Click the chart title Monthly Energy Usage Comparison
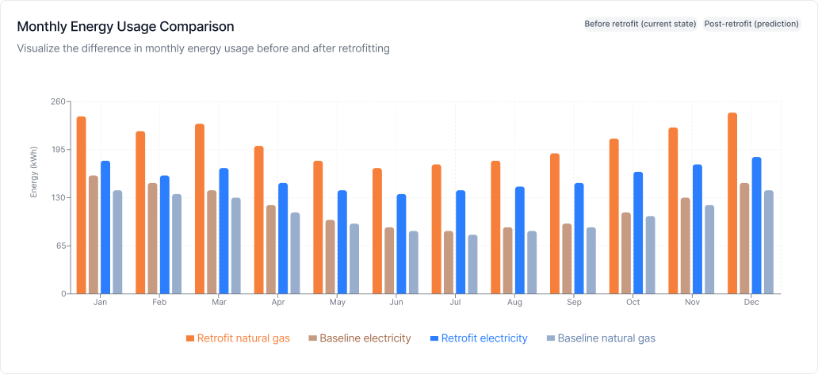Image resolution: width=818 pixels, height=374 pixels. click(125, 27)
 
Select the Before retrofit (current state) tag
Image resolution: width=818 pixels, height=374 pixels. click(640, 24)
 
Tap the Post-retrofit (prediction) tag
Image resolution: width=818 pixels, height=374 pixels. click(751, 24)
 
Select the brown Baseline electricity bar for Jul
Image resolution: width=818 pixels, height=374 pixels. click(449, 262)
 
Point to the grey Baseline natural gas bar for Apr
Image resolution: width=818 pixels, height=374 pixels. click(295, 253)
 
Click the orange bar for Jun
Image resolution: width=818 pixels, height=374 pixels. click(377, 231)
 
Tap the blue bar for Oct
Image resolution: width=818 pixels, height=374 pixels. click(638, 233)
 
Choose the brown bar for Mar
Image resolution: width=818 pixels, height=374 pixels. click(212, 242)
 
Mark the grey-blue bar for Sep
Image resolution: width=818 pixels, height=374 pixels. click(591, 261)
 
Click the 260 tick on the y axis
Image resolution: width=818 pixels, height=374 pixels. click(58, 102)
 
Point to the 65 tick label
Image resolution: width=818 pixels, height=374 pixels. click(60, 246)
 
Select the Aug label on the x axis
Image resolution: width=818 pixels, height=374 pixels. click(514, 303)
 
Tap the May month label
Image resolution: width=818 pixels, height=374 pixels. click(337, 303)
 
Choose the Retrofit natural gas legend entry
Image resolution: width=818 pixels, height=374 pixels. click(238, 338)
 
